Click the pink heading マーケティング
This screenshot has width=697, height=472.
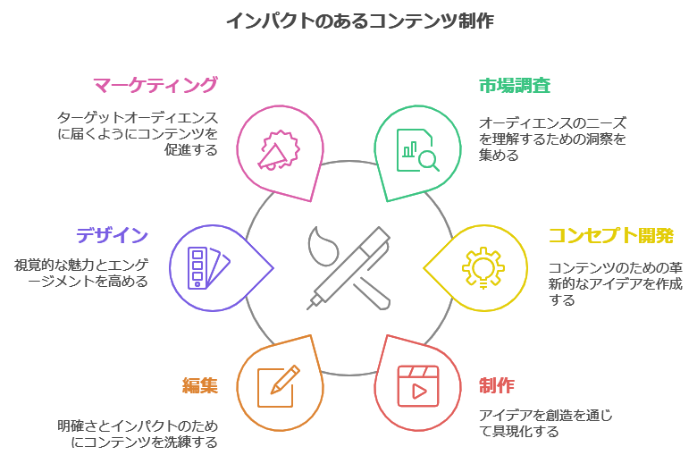click(155, 85)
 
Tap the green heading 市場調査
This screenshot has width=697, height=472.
click(514, 86)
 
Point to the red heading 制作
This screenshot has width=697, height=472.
click(496, 385)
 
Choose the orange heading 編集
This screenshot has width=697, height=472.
click(200, 385)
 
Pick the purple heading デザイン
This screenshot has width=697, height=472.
click(112, 236)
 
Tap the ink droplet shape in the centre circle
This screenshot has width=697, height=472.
click(319, 244)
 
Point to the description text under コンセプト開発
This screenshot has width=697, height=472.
click(615, 283)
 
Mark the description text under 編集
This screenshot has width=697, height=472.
click(138, 434)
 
